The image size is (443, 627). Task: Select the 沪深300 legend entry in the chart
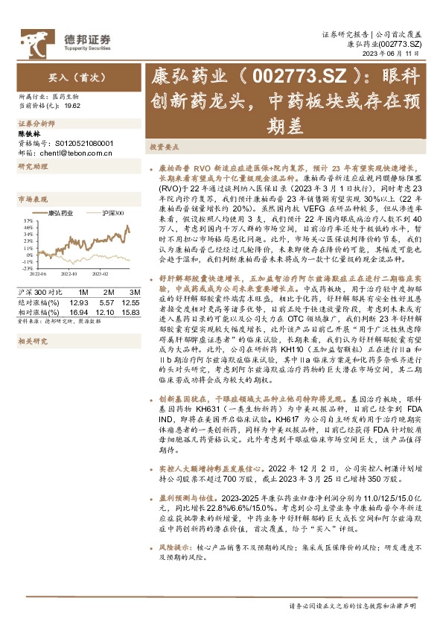[111, 214]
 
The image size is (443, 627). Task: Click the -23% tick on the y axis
[27, 268]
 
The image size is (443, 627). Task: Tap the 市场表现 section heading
[32, 200]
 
